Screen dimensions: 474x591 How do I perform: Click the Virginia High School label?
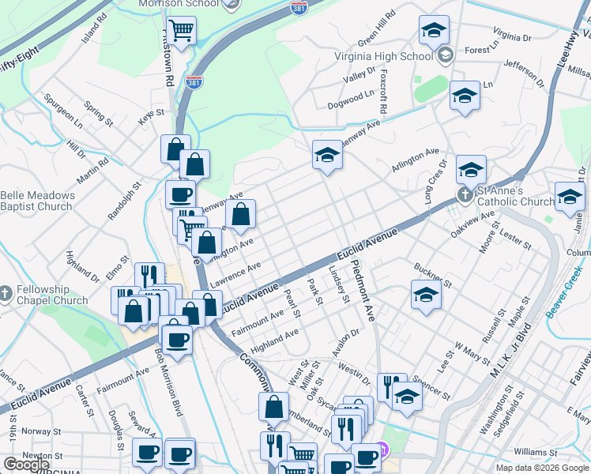pos(383,56)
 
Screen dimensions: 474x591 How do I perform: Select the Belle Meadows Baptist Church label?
pos(37,201)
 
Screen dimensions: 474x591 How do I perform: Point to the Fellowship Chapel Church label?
pos(51,295)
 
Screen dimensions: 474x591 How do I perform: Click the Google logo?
pos(26,465)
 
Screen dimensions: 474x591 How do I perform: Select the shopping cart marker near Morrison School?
pos(182,31)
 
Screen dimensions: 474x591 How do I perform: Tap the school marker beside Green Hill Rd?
pos(433,30)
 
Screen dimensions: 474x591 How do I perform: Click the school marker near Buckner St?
pos(425,295)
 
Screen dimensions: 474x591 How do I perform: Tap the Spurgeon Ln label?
pos(63,111)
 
